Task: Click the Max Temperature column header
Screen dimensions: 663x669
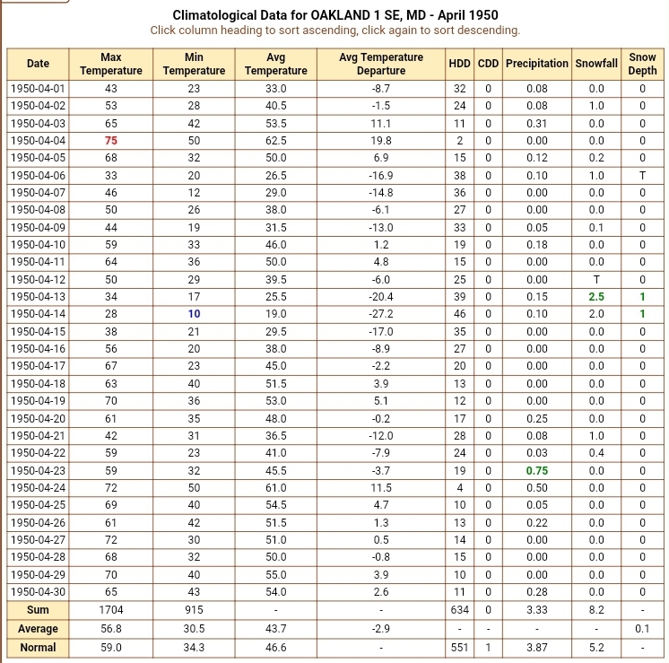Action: tap(111, 64)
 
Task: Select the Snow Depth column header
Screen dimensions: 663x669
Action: tap(642, 64)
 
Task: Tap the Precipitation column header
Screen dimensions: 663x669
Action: tap(537, 64)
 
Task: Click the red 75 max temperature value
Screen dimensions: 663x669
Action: tap(111, 140)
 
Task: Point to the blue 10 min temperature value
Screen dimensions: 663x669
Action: tap(194, 314)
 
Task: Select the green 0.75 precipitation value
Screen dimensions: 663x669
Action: tap(537, 471)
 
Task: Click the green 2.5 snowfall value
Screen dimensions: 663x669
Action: tap(596, 297)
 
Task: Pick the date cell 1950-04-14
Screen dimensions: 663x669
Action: tap(38, 314)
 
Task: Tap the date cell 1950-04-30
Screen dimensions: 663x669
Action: tap(38, 592)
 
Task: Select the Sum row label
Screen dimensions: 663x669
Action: tap(38, 611)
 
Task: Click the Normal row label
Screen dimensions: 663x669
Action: tap(38, 648)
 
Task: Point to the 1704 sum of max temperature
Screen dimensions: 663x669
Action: tap(111, 611)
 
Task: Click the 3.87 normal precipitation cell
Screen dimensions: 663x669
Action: tap(537, 648)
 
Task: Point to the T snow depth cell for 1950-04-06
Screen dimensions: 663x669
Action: tap(642, 175)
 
